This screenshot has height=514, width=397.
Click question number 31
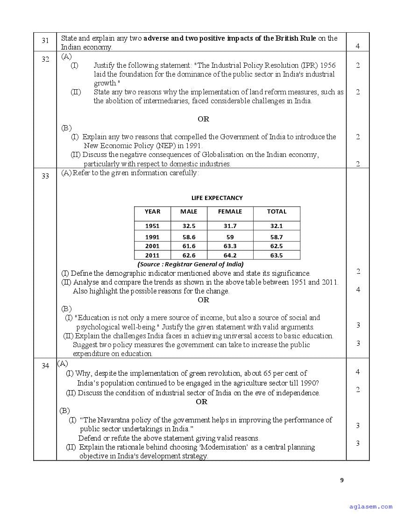[45, 41]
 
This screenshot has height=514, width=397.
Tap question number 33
[45, 176]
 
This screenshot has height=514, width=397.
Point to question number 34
[45, 366]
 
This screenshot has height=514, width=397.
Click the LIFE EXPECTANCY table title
[217, 198]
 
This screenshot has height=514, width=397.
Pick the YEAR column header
[152, 212]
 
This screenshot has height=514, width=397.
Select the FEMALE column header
[230, 212]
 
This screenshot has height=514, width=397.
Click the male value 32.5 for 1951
[189, 226]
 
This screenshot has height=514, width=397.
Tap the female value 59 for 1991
[230, 237]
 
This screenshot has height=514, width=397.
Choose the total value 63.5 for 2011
[276, 255]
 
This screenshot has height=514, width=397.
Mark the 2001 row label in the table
[152, 246]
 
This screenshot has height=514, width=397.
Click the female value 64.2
[230, 255]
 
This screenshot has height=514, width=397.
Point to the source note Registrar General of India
[191, 264]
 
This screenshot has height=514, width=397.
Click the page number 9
[342, 479]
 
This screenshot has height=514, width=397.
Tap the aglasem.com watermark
[371, 506]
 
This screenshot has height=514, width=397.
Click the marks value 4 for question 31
[357, 46]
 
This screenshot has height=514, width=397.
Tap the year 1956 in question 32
[326, 65]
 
